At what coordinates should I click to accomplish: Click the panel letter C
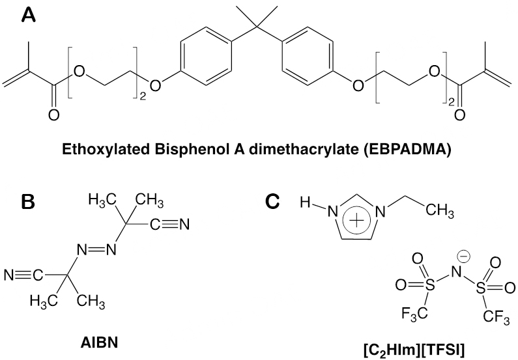click(275, 201)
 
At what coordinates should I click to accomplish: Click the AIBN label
click(104, 340)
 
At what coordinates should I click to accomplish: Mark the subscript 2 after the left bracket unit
click(144, 98)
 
